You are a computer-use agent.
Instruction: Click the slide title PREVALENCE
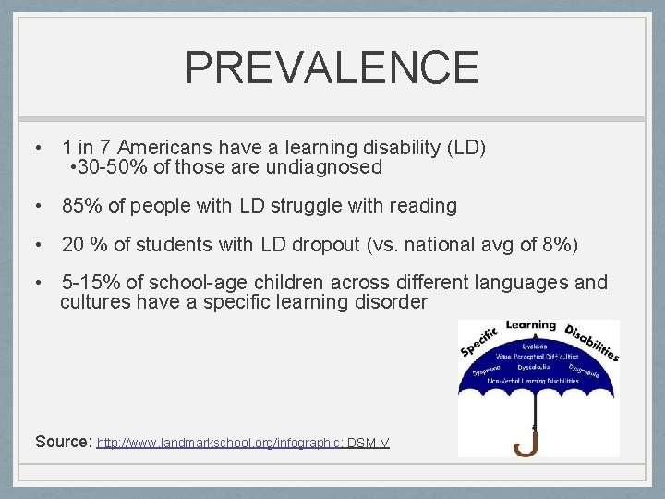click(x=332, y=67)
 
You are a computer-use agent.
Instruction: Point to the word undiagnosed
click(x=324, y=167)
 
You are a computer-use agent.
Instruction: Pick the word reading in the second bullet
click(x=423, y=205)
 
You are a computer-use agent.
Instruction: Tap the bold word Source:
click(x=63, y=442)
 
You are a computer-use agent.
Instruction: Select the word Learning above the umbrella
click(x=531, y=325)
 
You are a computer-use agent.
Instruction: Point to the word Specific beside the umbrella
click(x=478, y=343)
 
